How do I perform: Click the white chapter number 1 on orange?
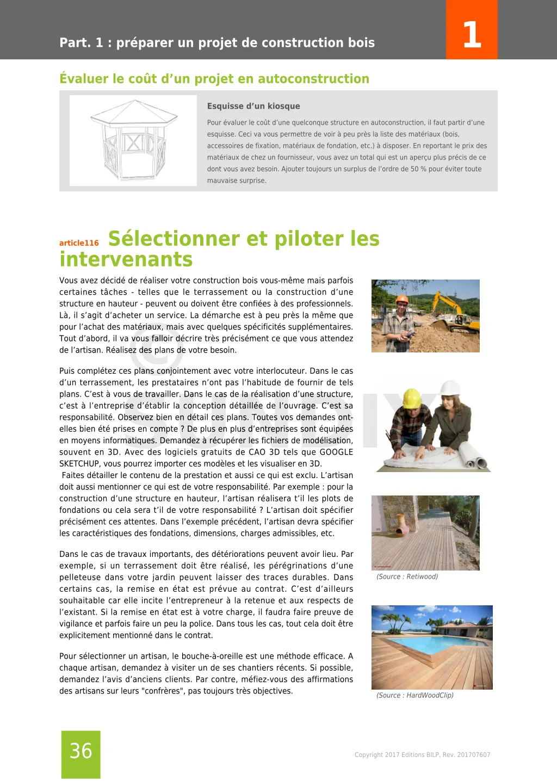(x=472, y=34)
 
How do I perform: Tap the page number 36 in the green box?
(x=81, y=751)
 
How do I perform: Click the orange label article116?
(x=79, y=243)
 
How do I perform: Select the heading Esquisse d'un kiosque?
(x=253, y=106)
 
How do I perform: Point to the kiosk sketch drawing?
(x=133, y=140)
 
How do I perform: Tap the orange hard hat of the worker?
(x=402, y=299)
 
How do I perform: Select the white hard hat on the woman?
(x=450, y=388)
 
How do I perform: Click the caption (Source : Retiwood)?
(x=407, y=577)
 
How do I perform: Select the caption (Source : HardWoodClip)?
(x=414, y=696)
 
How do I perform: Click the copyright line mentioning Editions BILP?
(x=422, y=755)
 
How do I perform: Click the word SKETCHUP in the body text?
(x=79, y=464)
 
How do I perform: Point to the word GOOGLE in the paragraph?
(x=336, y=452)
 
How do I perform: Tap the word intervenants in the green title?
(x=126, y=259)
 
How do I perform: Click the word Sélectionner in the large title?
(x=174, y=239)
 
